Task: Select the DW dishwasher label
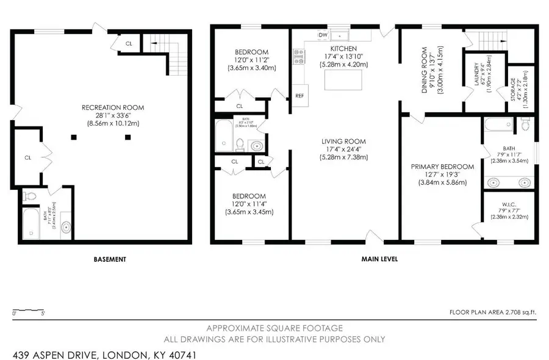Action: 322,35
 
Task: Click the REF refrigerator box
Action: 300,96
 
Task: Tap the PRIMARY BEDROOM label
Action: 442,167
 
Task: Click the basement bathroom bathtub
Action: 30,225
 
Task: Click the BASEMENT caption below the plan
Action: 110,259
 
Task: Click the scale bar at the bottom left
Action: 27,311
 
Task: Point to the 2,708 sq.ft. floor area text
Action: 492,312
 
